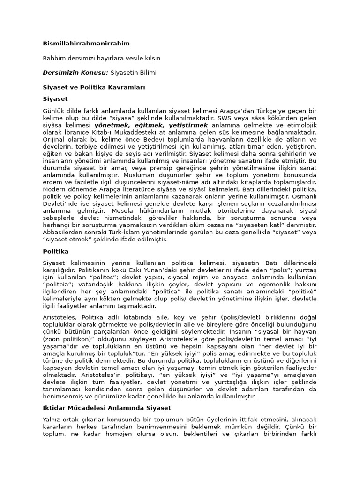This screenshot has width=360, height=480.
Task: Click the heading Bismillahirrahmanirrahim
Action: point(86,44)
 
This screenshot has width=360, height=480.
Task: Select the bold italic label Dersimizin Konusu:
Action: point(75,73)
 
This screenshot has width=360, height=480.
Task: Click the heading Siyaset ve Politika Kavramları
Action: point(94,87)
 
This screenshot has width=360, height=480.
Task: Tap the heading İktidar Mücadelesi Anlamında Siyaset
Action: point(107,408)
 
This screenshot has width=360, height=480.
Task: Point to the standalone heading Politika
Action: point(56,251)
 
